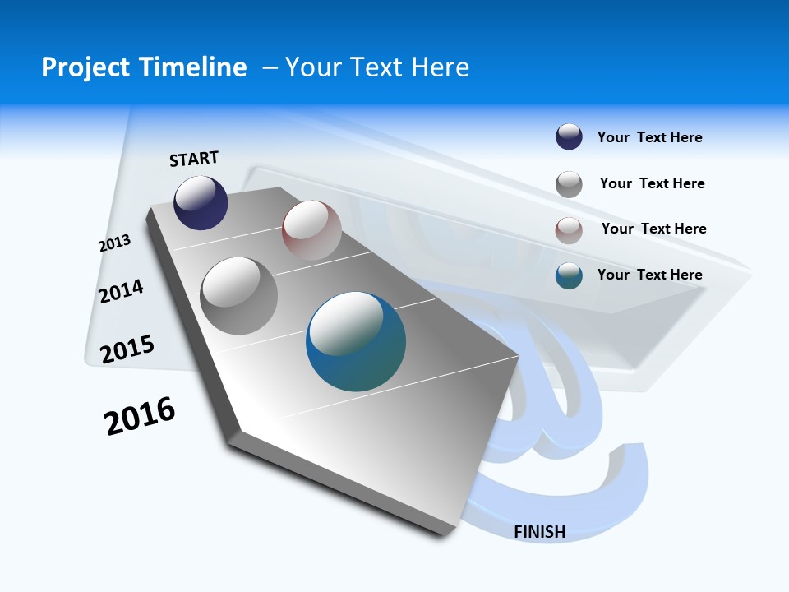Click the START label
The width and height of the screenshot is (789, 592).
[x=194, y=159]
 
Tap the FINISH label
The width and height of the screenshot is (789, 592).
[x=540, y=532]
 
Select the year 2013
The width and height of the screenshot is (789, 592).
[x=114, y=243]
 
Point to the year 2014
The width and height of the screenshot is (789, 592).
[x=121, y=291]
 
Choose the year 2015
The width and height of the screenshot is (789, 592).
[x=127, y=349]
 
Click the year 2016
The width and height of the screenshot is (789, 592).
[x=140, y=416]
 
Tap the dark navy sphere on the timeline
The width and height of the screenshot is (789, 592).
[x=201, y=202]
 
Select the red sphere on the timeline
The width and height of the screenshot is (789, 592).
[x=311, y=230]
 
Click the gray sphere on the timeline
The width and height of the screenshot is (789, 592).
[x=238, y=296]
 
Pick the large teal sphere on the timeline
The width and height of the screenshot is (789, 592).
[x=356, y=341]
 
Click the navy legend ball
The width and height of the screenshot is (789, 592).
[x=569, y=137]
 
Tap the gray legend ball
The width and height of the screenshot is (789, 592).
[x=569, y=184]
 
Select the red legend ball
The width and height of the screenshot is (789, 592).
[x=569, y=229]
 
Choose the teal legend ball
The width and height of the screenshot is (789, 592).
[x=569, y=275]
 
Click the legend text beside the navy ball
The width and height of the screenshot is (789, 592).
[x=649, y=137]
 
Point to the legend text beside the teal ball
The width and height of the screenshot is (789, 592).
[x=649, y=275]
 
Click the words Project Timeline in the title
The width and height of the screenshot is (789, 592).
[x=144, y=67]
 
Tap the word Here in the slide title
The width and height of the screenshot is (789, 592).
[x=440, y=67]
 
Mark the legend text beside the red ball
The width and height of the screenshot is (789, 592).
[x=653, y=229]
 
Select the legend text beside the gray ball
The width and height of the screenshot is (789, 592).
[x=652, y=183]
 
